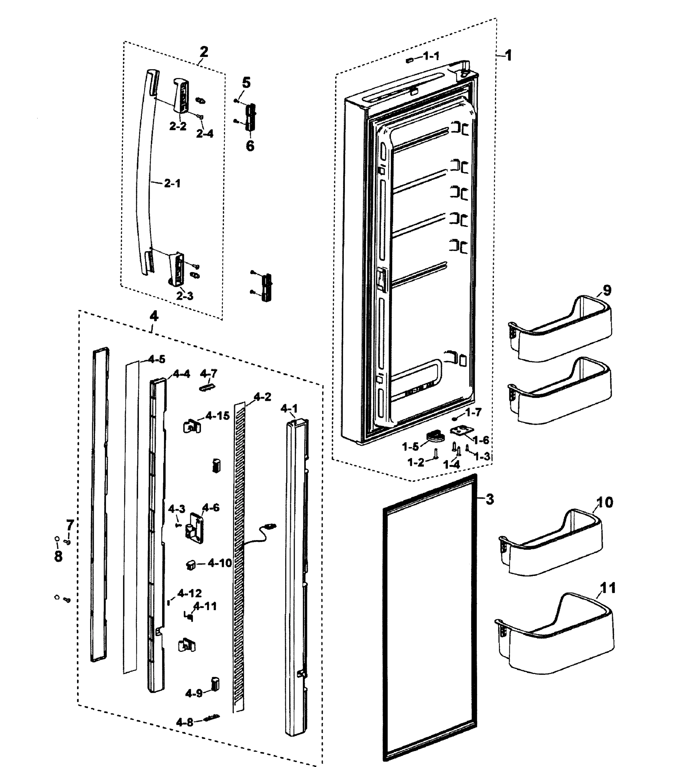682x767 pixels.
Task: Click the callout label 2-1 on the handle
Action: [x=172, y=183]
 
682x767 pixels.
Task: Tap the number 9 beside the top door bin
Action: [x=607, y=290]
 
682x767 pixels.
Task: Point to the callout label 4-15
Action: [x=218, y=416]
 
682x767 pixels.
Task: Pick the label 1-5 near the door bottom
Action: [x=410, y=446]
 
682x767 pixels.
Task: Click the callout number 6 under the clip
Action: [x=250, y=146]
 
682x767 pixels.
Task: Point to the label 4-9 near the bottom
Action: [x=194, y=693]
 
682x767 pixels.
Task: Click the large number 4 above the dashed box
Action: [x=154, y=316]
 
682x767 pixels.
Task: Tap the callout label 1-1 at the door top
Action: [x=431, y=56]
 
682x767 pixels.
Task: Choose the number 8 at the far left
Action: [x=58, y=556]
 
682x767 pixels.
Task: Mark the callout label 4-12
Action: [x=190, y=593]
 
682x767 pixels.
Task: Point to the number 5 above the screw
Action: [x=246, y=82]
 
